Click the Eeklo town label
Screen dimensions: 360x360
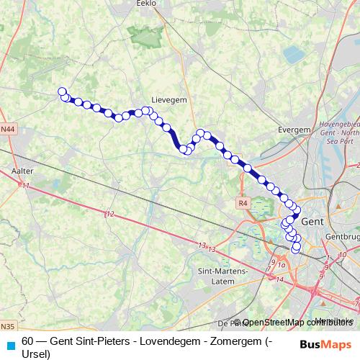click(146, 4)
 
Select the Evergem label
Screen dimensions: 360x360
click(293, 130)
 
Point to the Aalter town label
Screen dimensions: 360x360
click(23, 171)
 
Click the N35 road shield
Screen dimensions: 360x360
click(7, 326)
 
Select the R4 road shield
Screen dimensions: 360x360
click(242, 204)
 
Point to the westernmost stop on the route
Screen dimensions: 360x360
click(62, 91)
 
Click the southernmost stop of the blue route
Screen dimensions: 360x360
click(295, 249)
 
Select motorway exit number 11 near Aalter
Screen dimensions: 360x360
click(27, 186)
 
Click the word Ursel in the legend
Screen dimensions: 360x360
click(36, 354)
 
